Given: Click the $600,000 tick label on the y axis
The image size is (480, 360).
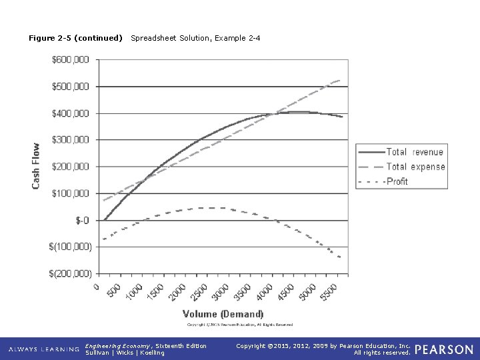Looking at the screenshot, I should [x=70, y=60].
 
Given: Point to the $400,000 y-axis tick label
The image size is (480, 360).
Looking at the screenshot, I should [x=70, y=113].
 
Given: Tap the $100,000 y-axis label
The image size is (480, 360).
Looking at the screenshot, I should [x=70, y=193].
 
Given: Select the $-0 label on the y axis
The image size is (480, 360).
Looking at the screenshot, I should [x=82, y=220].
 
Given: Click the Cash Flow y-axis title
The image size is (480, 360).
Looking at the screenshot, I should [x=36, y=165].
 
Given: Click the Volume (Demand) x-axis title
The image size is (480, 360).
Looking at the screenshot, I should [x=223, y=314].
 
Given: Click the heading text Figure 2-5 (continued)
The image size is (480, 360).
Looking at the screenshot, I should [x=75, y=38].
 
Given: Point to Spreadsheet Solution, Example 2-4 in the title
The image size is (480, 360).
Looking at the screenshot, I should [x=195, y=38].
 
